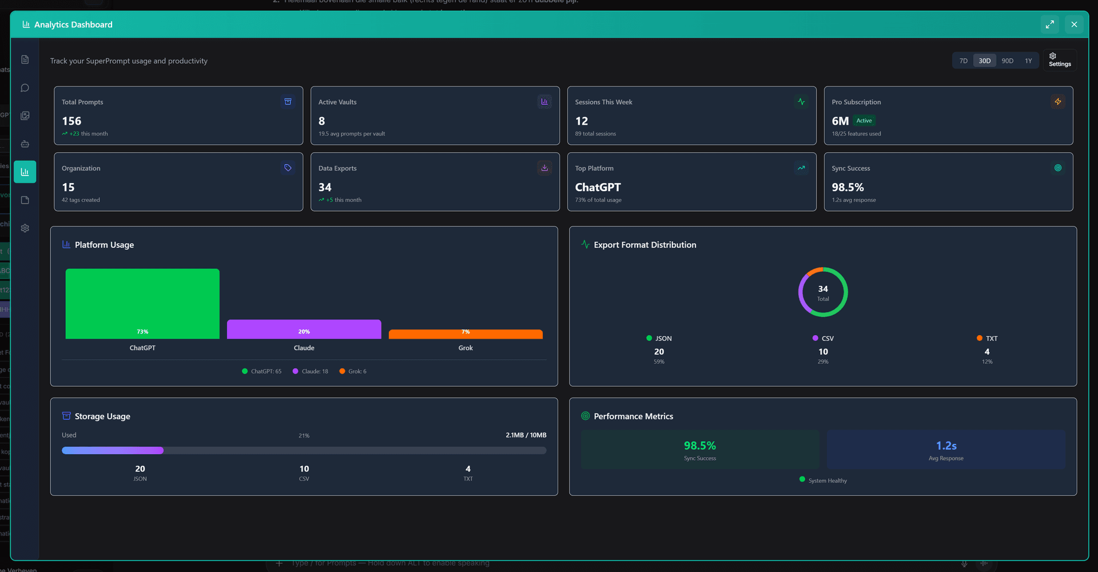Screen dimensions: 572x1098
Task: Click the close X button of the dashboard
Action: pyautogui.click(x=1074, y=25)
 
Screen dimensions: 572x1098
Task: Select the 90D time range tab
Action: pyautogui.click(x=1007, y=61)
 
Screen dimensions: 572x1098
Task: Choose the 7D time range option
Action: pyautogui.click(x=964, y=61)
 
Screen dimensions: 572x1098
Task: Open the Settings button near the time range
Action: pyautogui.click(x=1059, y=60)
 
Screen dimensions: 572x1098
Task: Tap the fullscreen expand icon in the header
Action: pyautogui.click(x=1049, y=25)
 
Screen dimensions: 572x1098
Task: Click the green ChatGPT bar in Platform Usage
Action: pyautogui.click(x=142, y=303)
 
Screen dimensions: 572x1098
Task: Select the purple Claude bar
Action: pyautogui.click(x=304, y=329)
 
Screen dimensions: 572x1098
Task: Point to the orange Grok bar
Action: pyautogui.click(x=466, y=334)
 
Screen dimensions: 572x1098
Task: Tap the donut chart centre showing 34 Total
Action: pyautogui.click(x=823, y=292)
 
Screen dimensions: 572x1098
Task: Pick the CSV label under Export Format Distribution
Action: pyautogui.click(x=827, y=339)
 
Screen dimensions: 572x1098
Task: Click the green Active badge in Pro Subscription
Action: pyautogui.click(x=864, y=121)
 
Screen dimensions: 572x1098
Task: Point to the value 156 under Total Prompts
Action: pyautogui.click(x=71, y=121)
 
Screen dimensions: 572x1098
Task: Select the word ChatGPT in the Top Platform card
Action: pyautogui.click(x=598, y=188)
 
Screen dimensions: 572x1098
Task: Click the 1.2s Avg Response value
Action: pyautogui.click(x=946, y=446)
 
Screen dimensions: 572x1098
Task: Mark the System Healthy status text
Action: pyautogui.click(x=828, y=480)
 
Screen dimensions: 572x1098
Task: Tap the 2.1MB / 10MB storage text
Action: pyautogui.click(x=526, y=435)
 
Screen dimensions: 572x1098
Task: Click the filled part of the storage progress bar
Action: pyautogui.click(x=113, y=451)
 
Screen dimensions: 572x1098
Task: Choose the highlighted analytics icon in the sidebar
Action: pyautogui.click(x=25, y=172)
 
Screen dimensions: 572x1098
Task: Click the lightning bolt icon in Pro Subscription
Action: pyautogui.click(x=1057, y=102)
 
